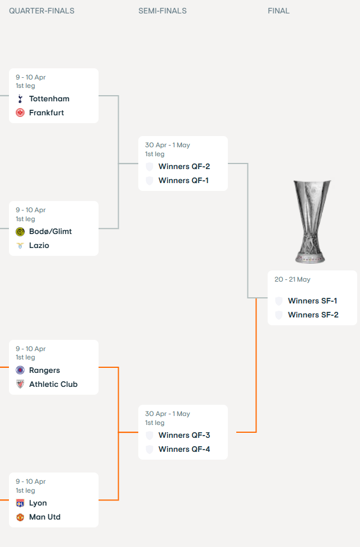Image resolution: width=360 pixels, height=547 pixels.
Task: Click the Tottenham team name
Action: pos(49,99)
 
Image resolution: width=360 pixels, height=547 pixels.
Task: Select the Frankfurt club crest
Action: pos(20,113)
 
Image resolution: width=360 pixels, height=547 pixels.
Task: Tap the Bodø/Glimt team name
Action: pos(50,231)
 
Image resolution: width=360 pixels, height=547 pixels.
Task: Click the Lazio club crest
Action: pos(20,245)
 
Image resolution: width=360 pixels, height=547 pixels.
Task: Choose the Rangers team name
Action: pos(44,370)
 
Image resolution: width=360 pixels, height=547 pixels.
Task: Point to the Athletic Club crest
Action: pos(20,384)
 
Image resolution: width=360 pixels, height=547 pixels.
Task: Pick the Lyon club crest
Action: pos(20,503)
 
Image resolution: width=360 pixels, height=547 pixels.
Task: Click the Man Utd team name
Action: pos(45,517)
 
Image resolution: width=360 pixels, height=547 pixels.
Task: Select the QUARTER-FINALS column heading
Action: pos(41,11)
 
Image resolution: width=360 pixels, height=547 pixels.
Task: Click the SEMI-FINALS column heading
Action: pos(162,11)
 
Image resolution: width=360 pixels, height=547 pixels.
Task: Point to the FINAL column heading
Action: pos(278,11)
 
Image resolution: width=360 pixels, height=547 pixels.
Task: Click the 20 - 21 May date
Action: pos(292,279)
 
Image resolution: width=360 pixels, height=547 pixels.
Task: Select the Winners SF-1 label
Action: pos(312,301)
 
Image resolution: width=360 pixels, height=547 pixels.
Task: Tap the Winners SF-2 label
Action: pos(313,315)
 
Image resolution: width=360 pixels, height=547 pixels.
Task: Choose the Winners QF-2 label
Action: pos(184,166)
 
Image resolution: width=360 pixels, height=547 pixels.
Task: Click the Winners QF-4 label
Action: pos(184,449)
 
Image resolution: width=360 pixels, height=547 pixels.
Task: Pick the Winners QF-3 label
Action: pos(184,435)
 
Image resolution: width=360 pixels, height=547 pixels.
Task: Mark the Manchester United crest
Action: pos(20,517)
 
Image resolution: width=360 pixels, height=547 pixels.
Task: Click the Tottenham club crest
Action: pos(20,99)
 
